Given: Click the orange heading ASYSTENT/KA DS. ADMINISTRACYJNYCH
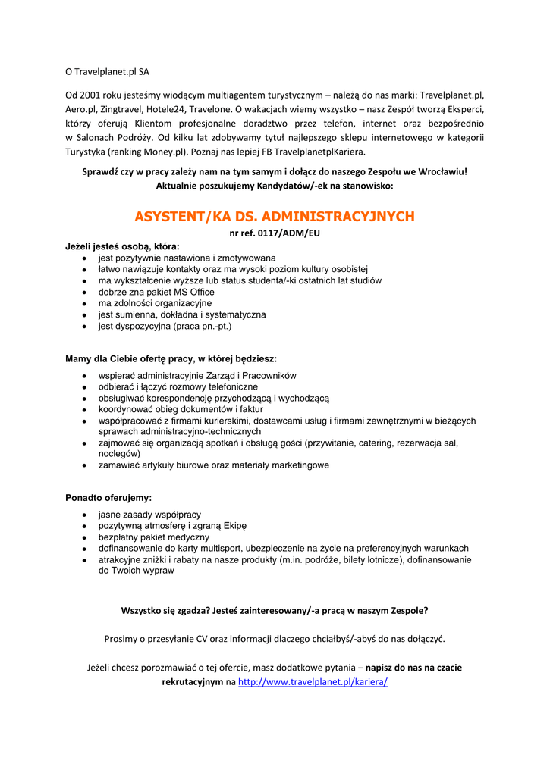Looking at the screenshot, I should point(275,217).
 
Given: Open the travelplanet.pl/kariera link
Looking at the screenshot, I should point(313,682).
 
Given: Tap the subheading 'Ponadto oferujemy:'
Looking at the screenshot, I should point(108,498).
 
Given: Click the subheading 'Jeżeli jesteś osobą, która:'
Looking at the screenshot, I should point(122,246).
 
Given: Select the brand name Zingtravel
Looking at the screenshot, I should point(119,109).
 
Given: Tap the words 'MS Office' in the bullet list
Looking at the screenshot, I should point(194,292).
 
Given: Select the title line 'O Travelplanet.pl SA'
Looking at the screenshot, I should point(107,72).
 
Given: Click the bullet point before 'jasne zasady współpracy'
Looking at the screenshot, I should point(85,515).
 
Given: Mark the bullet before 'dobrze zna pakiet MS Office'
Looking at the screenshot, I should point(85,293).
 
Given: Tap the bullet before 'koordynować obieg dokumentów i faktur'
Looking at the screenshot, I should point(85,410).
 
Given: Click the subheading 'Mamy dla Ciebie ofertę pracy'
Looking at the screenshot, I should point(171,358).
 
